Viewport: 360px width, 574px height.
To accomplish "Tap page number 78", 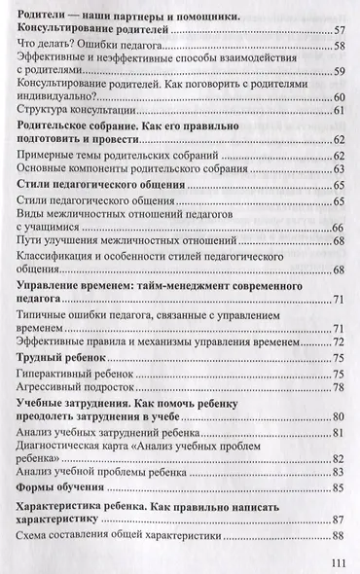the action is coord(340,386).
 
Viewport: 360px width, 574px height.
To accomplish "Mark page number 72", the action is coord(340,341).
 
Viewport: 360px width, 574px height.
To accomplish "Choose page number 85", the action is coord(340,485).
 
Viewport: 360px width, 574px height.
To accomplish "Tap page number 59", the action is coord(340,71).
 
